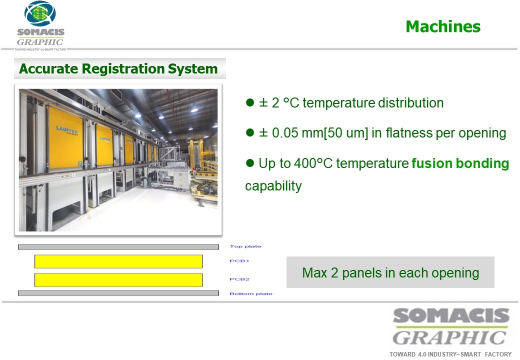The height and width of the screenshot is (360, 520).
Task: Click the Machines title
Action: click(x=443, y=26)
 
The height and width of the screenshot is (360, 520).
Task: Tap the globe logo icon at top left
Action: click(x=40, y=13)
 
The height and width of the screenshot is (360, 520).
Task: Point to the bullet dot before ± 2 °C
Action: click(x=249, y=102)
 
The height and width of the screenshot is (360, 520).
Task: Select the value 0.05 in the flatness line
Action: click(x=285, y=133)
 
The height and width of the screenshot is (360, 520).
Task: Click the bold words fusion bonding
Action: click(x=460, y=163)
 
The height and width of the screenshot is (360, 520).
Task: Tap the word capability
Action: click(x=273, y=186)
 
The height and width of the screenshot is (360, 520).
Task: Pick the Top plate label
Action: click(x=245, y=246)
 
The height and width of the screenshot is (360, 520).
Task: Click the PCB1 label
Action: click(x=239, y=261)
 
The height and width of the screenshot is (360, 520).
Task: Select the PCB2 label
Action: click(x=239, y=279)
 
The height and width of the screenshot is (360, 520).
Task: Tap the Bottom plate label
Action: click(x=250, y=293)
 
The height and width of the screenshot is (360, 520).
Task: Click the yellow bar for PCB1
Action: click(x=118, y=261)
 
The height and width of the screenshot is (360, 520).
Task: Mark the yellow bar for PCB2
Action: click(x=118, y=280)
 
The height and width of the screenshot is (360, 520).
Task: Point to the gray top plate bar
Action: click(x=118, y=247)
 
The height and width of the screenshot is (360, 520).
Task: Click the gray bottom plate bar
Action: click(x=118, y=293)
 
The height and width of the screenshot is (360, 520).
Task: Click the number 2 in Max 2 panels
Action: click(x=334, y=273)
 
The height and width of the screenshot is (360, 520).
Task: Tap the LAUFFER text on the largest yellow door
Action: click(x=66, y=130)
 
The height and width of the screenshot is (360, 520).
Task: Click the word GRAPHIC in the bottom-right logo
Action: click(x=449, y=338)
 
